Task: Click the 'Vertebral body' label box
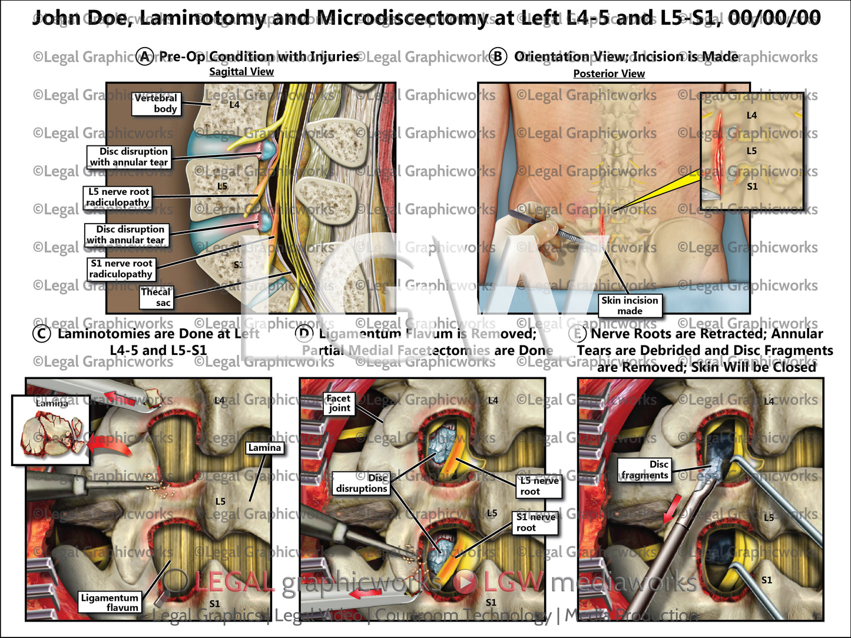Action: pyautogui.click(x=156, y=103)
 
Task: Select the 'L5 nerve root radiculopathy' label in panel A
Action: pyautogui.click(x=118, y=197)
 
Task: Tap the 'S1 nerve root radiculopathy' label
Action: pyautogui.click(x=121, y=268)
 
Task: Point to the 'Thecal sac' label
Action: pyautogui.click(x=157, y=297)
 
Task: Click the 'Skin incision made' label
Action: pyautogui.click(x=630, y=305)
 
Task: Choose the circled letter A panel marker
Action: pyautogui.click(x=145, y=57)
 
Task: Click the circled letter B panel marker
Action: pyautogui.click(x=498, y=57)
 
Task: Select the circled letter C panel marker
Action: pyautogui.click(x=41, y=334)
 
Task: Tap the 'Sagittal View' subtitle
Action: pyautogui.click(x=241, y=72)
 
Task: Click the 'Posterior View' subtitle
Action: pyautogui.click(x=609, y=74)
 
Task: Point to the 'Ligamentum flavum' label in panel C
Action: pyautogui.click(x=110, y=602)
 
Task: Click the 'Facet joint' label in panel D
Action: pyautogui.click(x=339, y=403)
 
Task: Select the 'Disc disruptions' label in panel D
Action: pyautogui.click(x=362, y=483)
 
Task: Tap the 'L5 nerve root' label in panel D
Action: pyautogui.click(x=538, y=486)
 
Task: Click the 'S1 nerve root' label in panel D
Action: pyautogui.click(x=535, y=522)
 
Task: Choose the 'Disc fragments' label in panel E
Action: pyautogui.click(x=645, y=470)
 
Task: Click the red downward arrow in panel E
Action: pyautogui.click(x=672, y=509)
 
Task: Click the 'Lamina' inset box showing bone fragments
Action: pyautogui.click(x=51, y=430)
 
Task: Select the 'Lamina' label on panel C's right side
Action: pyautogui.click(x=264, y=448)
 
